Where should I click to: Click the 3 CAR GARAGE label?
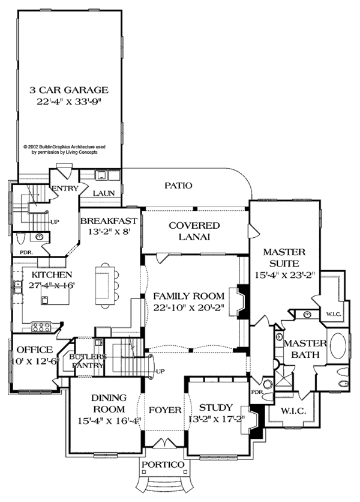coord(69,90)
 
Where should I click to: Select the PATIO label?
coord(179,186)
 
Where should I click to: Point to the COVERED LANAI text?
coord(194,231)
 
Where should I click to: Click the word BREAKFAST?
coord(109,220)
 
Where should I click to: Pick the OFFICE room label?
coord(34,350)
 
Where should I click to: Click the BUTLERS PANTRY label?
coord(88,360)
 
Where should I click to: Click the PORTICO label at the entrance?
coord(163,465)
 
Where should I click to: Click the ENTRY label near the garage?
coord(62,189)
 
